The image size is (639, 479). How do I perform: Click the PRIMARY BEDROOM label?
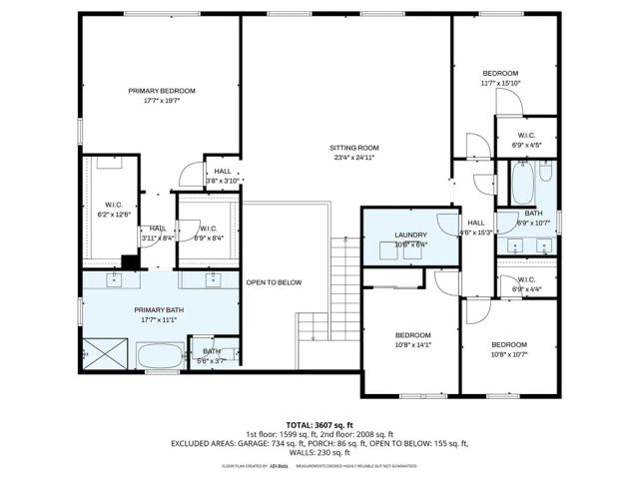tap(162, 91)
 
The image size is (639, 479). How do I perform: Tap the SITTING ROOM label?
tap(355, 147)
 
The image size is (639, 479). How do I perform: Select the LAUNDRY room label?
tap(410, 235)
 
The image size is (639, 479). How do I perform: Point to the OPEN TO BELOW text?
tap(274, 282)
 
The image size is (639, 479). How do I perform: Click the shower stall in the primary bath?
tap(105, 354)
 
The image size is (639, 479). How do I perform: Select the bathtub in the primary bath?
tap(161, 355)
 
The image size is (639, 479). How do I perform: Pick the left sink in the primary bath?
tap(113, 280)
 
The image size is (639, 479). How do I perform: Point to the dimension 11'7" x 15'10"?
tap(501, 83)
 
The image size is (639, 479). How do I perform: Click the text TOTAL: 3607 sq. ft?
tap(319, 425)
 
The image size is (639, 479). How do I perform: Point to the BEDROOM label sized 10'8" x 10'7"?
tap(508, 344)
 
